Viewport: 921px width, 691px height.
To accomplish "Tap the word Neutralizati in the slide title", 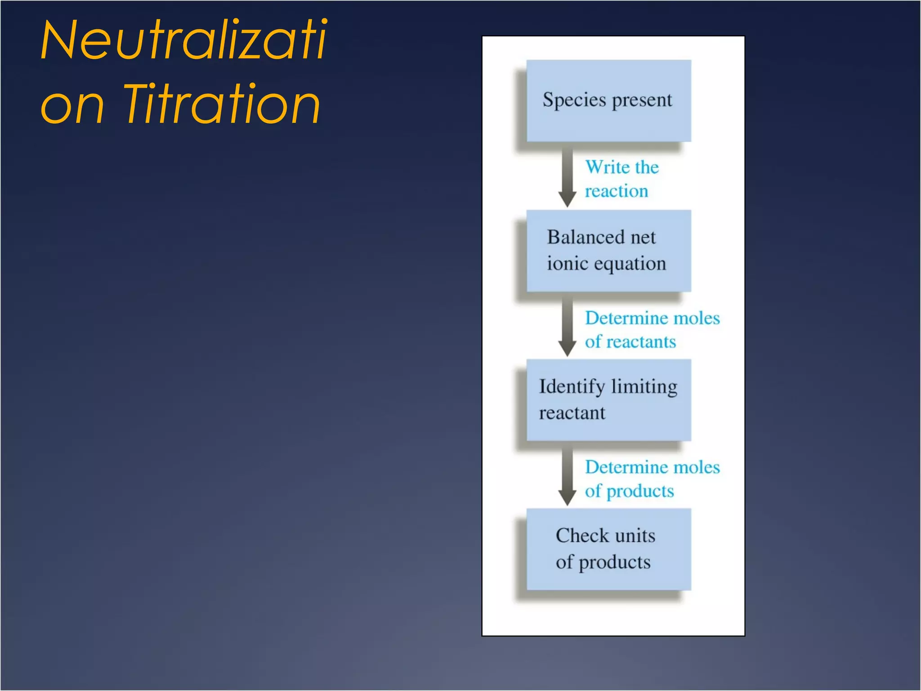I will (183, 40).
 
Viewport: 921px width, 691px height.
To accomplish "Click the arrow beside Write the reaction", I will (568, 178).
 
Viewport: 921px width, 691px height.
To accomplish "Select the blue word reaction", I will (616, 191).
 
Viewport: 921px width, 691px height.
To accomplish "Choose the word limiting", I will (644, 387).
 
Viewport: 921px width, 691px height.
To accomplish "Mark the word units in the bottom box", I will (635, 536).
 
